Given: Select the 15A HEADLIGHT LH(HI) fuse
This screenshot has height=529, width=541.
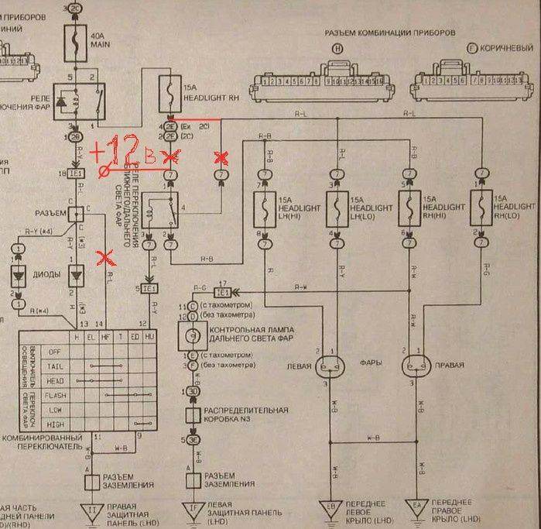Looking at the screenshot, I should pos(265,208).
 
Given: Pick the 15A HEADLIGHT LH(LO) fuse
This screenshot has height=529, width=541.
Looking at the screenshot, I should pos(337,208).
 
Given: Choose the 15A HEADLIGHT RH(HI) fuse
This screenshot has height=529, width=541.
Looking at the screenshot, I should pos(409,208).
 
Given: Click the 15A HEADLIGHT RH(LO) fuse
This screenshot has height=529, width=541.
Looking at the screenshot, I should pos(481,208).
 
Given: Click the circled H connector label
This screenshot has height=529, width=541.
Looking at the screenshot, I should pos(337,49).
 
